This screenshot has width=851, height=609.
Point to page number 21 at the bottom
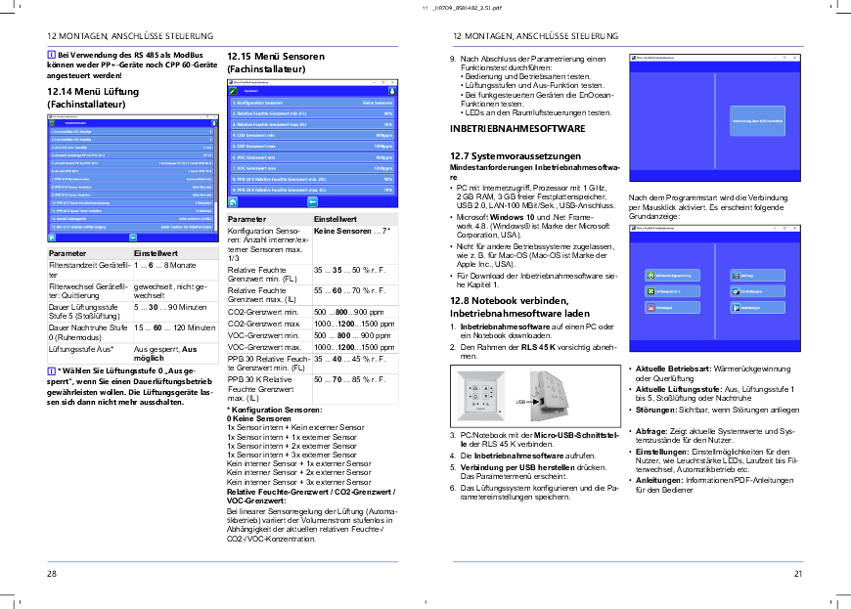tap(798, 574)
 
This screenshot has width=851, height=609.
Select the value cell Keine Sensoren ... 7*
tap(351, 232)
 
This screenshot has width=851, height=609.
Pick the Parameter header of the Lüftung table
tap(67, 253)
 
